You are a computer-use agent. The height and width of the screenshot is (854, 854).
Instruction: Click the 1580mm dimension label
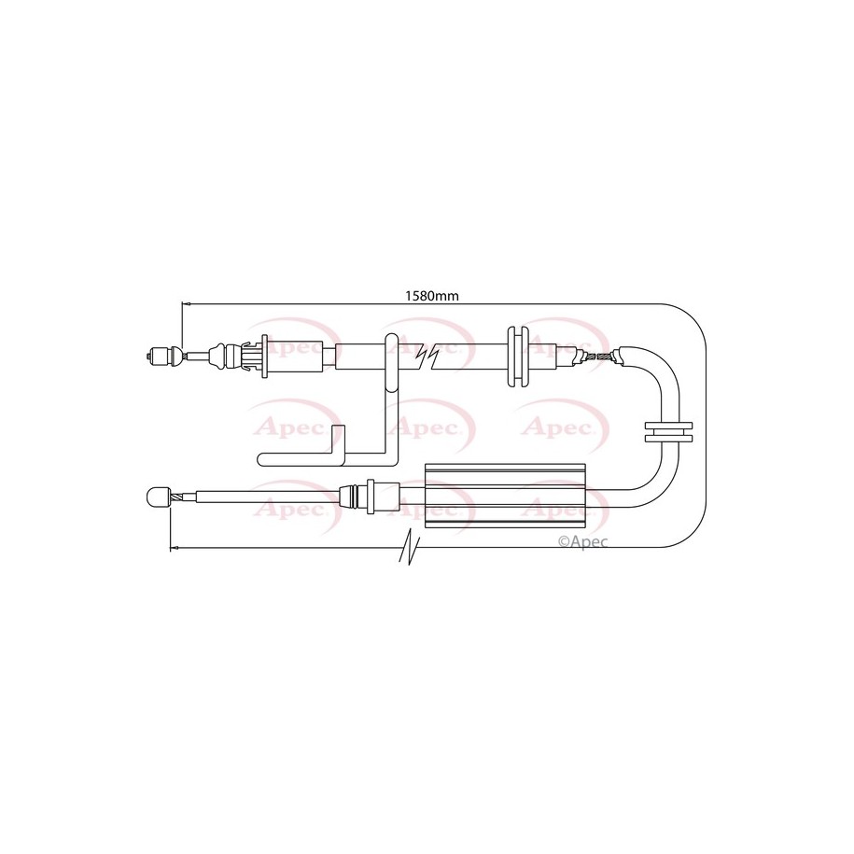[x=432, y=296]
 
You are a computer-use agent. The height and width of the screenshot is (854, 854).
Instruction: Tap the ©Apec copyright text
[x=582, y=540]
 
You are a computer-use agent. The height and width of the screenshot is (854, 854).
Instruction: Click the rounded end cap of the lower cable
[x=156, y=497]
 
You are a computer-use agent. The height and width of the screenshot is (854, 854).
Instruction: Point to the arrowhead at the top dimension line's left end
[x=186, y=303]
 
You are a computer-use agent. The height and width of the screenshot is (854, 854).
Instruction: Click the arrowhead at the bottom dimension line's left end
[x=174, y=547]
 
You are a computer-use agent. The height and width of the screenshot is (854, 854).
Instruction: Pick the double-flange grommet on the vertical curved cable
[x=668, y=432]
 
